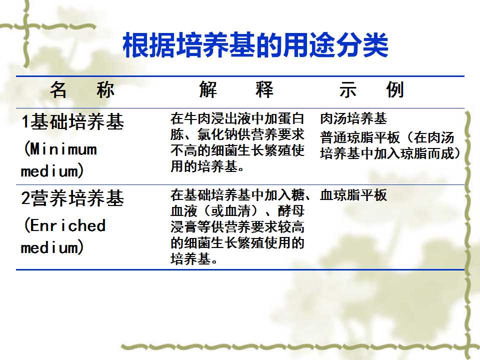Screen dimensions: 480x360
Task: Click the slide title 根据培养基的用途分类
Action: (255, 45)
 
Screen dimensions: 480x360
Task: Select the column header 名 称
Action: (82, 89)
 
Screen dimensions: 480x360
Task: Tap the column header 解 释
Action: (235, 89)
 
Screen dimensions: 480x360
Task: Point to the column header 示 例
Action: (371, 89)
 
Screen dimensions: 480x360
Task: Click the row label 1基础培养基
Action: (72, 121)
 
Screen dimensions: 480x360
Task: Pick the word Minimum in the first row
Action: (63, 149)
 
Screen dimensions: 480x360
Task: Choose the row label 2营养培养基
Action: (72, 198)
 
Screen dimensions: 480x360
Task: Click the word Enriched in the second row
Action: (67, 225)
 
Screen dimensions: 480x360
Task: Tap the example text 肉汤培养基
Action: (353, 118)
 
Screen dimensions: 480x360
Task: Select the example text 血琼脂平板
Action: (353, 195)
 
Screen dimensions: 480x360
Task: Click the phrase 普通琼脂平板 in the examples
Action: (360, 137)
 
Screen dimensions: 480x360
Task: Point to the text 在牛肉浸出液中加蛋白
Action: (237, 118)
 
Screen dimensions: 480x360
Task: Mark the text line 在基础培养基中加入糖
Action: (237, 195)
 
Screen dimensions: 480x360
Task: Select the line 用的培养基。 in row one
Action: (207, 166)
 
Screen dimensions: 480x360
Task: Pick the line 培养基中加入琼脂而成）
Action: (390, 153)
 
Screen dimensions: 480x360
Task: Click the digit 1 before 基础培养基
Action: (25, 122)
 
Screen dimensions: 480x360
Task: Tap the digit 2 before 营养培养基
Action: (25, 198)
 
